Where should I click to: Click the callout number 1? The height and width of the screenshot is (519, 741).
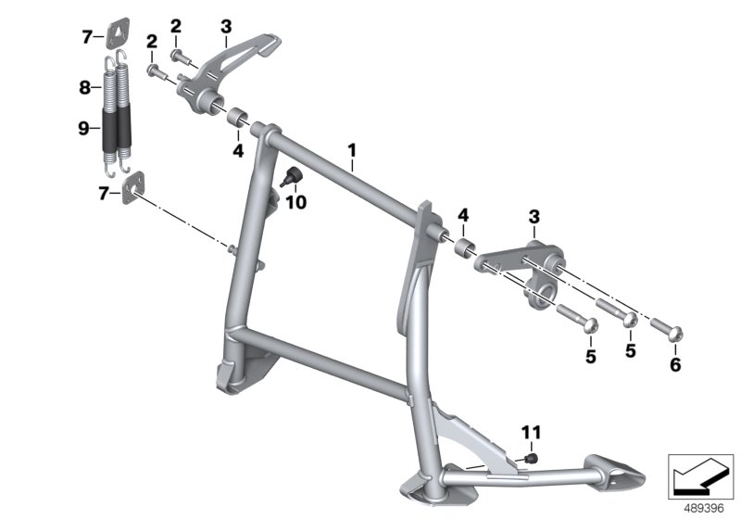(352, 151)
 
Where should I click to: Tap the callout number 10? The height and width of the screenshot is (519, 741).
(295, 202)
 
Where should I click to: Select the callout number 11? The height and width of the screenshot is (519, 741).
(531, 432)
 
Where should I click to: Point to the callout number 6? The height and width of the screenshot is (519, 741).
(675, 364)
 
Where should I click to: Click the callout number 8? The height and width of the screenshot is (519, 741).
(84, 87)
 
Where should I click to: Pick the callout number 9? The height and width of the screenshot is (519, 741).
(83, 128)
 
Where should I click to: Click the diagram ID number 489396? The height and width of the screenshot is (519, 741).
(704, 509)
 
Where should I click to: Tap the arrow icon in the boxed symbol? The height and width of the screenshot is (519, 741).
(700, 477)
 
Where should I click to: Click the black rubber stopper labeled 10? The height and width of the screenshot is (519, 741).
(292, 177)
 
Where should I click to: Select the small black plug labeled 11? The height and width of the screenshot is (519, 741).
(532, 458)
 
